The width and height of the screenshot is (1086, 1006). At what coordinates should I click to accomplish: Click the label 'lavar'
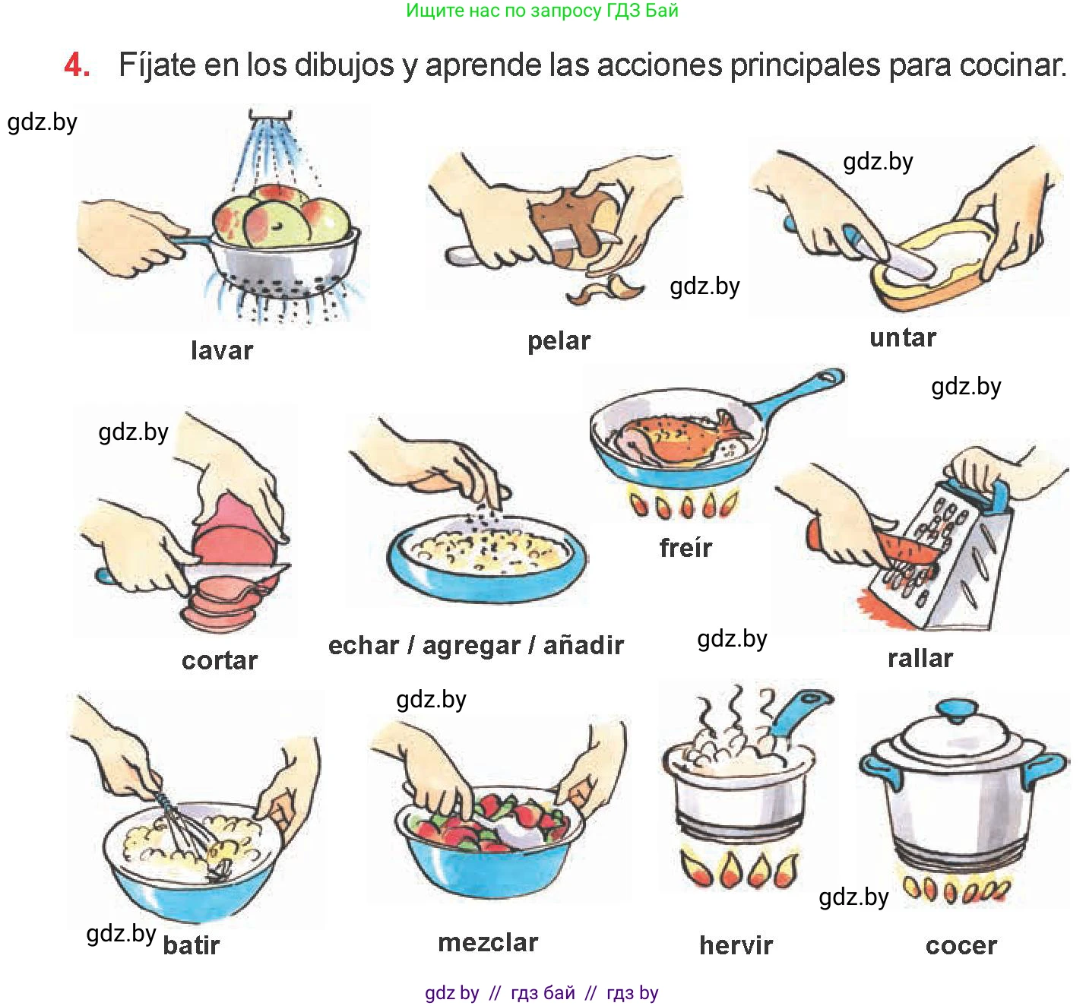pos(222,350)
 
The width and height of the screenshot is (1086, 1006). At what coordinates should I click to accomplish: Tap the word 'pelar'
pos(559,342)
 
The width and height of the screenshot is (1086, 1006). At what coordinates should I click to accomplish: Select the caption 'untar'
pos(903,338)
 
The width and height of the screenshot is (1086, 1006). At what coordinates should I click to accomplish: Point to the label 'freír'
pos(685,547)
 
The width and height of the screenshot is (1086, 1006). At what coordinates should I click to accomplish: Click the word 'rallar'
pos(920,658)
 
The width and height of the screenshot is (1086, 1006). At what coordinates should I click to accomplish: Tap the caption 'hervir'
pos(736,945)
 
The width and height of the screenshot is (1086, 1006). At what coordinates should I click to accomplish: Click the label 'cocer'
pos(961,947)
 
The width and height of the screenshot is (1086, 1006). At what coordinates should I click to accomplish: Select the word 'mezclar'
pos(489,943)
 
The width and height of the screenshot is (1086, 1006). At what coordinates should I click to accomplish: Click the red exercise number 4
pos(77,65)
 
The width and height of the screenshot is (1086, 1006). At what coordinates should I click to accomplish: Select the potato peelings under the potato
pos(603,289)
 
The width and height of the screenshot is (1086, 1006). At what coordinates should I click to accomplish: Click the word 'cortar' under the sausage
pos(220,661)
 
